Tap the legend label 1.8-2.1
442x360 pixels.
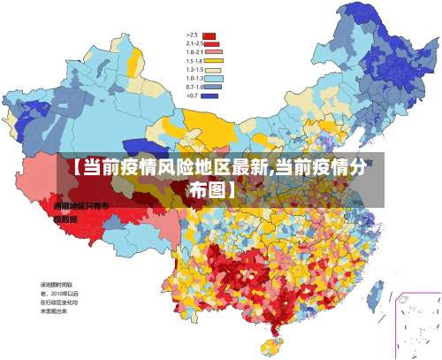tap(194, 52)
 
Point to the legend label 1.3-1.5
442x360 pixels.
tap(194, 69)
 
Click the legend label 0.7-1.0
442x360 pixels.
tap(194, 87)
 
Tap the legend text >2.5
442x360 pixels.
tap(191, 35)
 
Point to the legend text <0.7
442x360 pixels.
tap(191, 96)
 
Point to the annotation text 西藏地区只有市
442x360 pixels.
tap(80, 206)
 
